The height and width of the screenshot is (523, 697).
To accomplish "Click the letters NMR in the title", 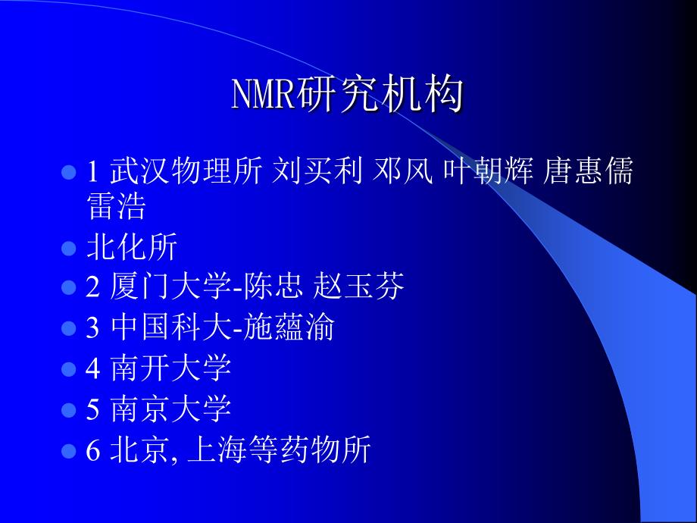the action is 264,94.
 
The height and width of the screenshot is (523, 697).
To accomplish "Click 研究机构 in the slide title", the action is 380,94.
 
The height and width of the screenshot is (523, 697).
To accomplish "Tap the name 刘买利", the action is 317,171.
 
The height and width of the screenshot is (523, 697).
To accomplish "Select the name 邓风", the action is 403,171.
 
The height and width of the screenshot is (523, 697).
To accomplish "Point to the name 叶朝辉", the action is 488,171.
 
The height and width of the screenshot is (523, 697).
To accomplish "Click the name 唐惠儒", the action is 588,171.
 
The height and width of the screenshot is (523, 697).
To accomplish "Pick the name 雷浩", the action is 116,206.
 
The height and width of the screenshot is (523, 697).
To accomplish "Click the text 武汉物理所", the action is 186,171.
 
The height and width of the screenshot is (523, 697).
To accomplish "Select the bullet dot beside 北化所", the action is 69,248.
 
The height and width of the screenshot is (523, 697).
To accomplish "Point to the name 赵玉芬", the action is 358,287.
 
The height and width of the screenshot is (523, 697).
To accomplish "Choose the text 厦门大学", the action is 170,287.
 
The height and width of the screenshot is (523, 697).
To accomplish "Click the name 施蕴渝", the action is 289,327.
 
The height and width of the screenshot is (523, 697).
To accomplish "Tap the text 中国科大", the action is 170,327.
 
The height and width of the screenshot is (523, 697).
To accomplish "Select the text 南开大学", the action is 170,368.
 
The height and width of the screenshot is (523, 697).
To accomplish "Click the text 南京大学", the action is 170,409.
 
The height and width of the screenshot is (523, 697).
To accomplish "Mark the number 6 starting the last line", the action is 93,449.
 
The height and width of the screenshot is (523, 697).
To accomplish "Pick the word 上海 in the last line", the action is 217,449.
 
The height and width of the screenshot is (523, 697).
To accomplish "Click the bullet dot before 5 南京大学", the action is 69,410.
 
